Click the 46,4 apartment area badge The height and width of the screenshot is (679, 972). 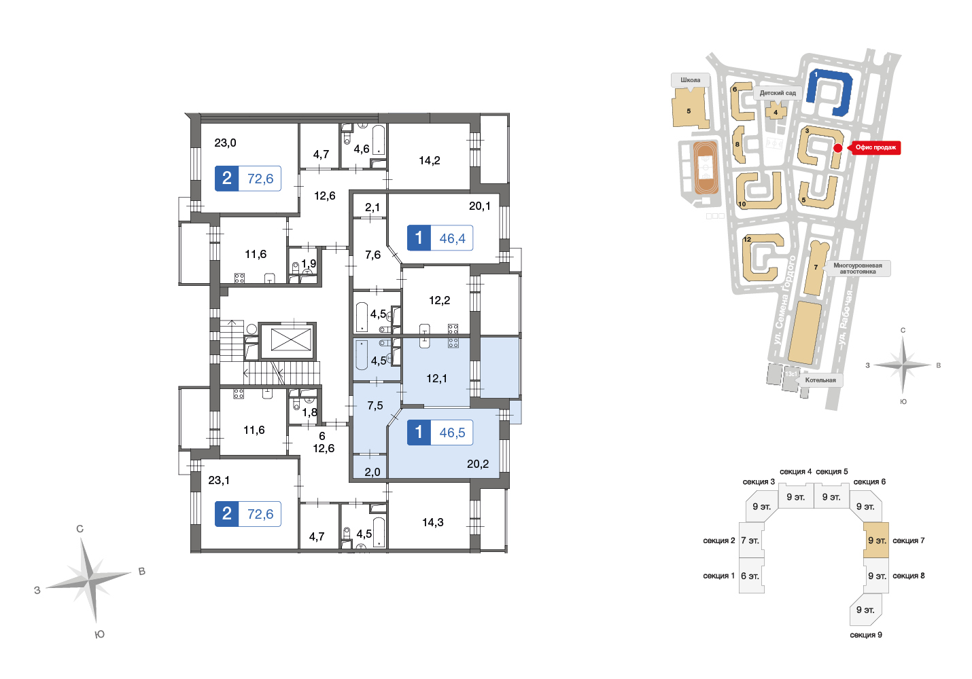[x=440, y=238]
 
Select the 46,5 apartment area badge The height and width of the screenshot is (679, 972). [x=440, y=433]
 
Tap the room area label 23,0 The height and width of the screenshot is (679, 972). [x=225, y=143]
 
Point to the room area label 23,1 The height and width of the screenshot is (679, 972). [x=219, y=481]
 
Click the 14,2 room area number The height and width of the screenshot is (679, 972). [x=429, y=160]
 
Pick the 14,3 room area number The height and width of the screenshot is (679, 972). [x=432, y=522]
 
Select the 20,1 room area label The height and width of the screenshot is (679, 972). [x=479, y=206]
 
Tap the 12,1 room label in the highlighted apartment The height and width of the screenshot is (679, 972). [x=436, y=378]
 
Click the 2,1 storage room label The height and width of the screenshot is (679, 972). [x=372, y=208]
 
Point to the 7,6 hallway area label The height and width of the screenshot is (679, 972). [x=372, y=255]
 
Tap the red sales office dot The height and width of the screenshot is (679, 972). [x=838, y=148]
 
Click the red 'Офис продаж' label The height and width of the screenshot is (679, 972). [x=875, y=148]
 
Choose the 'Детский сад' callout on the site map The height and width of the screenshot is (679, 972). [x=778, y=94]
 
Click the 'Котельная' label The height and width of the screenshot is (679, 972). [x=820, y=380]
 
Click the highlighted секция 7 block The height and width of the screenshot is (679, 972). [x=875, y=540]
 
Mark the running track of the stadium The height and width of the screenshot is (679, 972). [x=706, y=167]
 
